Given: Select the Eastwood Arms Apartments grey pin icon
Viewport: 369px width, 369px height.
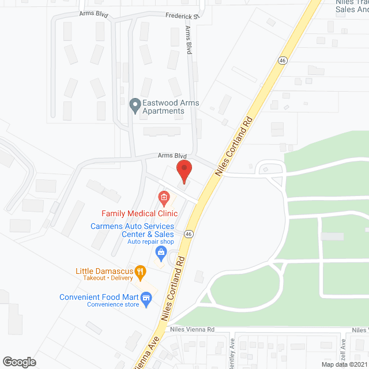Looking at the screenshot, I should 135,106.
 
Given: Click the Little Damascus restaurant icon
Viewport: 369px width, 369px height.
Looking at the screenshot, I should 139,271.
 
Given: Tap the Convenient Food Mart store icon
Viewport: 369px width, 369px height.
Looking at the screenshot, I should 146,298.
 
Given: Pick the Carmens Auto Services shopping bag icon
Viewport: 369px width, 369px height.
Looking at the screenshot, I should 162,252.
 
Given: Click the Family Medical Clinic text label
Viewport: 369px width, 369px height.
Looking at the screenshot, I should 139,213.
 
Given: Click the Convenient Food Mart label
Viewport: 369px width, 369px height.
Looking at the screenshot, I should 99,298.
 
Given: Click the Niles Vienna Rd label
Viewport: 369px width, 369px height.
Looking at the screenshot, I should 192,330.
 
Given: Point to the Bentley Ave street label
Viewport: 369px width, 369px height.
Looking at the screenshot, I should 231,349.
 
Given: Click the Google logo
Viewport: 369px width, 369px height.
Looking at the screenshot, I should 19,362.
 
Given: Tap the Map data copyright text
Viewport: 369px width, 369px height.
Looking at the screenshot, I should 344,364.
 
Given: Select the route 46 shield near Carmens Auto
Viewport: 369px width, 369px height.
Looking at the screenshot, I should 189,234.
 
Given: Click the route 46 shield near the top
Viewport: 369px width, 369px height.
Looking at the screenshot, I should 282,59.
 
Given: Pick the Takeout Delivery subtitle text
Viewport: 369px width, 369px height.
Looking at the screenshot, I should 104,278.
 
